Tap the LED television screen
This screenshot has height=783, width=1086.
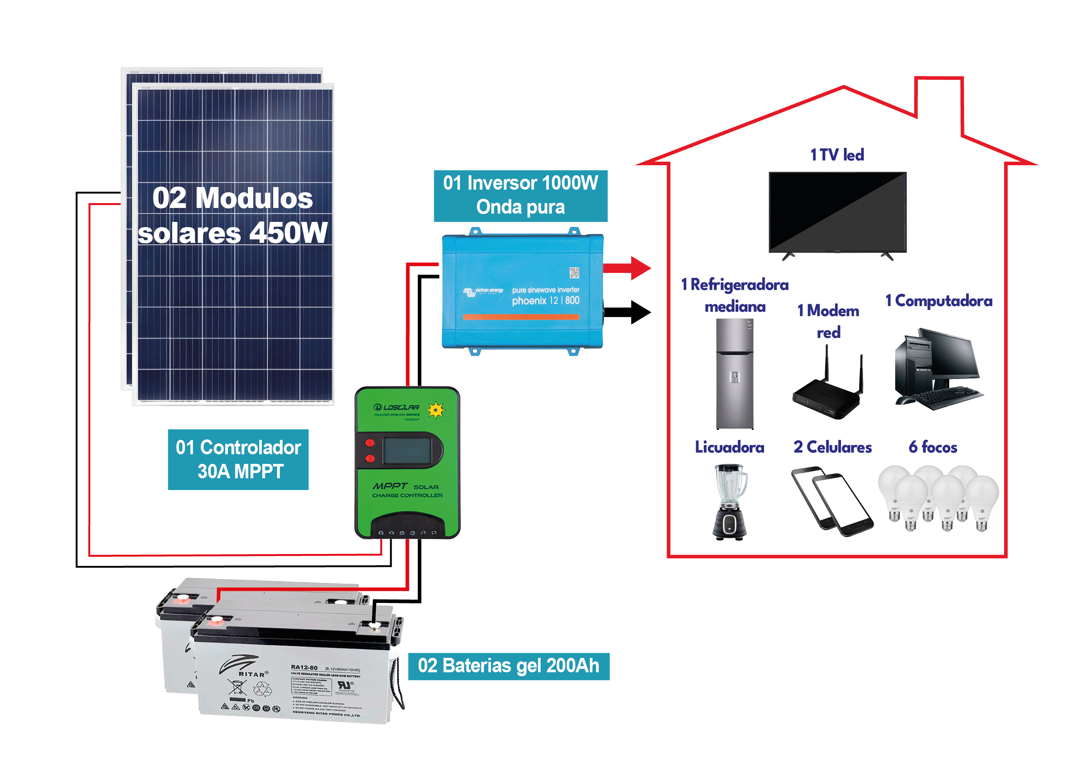point(837,211)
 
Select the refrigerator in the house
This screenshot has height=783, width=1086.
point(734,374)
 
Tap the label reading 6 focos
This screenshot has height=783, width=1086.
point(933,447)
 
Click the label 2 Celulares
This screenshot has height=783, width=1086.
point(832,447)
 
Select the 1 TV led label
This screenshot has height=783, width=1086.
point(837,155)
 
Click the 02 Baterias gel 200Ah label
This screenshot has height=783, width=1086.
point(508,666)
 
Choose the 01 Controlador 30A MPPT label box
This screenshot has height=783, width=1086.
point(238,459)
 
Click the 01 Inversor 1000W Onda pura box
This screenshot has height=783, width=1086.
point(521,195)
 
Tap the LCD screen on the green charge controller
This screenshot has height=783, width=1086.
point(407,450)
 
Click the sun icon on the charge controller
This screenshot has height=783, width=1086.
point(436,410)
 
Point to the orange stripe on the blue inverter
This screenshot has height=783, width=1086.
point(521,317)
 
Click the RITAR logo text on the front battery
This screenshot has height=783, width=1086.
point(252,674)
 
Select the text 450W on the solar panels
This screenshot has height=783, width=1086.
point(288,233)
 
